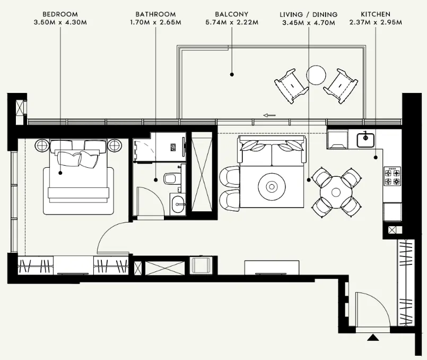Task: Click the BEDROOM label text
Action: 60,14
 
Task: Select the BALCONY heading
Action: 232,14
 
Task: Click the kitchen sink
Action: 365,140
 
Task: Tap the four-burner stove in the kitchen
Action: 392,176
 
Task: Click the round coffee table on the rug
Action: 272,186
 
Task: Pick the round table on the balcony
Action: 317,75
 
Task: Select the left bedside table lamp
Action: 41,144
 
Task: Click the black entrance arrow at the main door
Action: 373,337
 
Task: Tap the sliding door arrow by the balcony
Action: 269,114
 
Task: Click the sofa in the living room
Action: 272,150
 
